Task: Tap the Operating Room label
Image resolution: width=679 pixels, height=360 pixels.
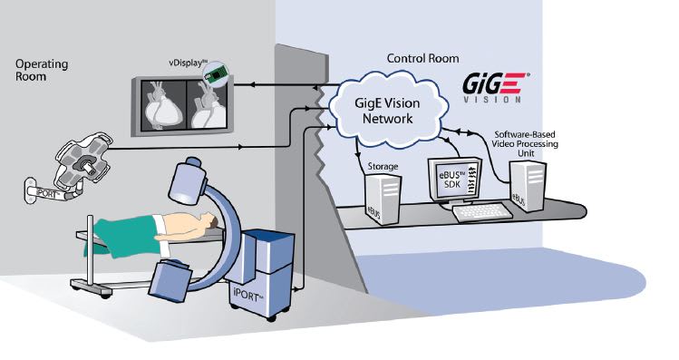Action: pyautogui.click(x=42, y=71)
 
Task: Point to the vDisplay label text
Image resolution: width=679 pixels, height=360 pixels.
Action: pyautogui.click(x=173, y=61)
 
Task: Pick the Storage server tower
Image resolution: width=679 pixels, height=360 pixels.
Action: pyautogui.click(x=380, y=200)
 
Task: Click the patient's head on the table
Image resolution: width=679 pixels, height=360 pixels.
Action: pyautogui.click(x=207, y=221)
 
